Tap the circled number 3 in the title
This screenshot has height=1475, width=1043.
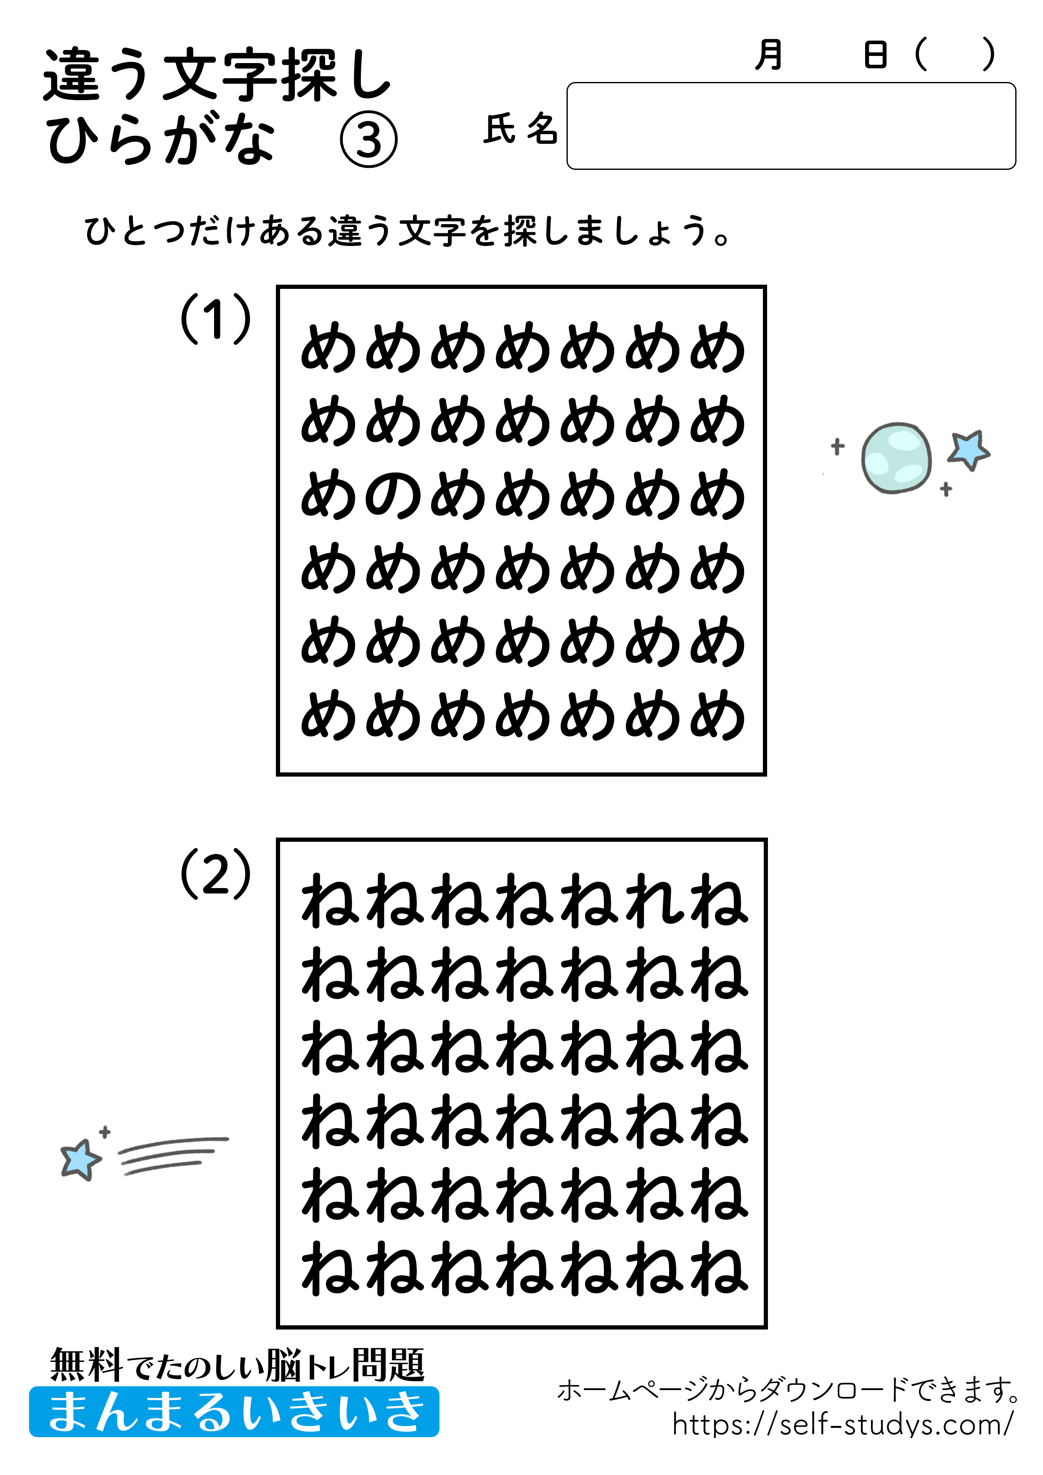click(x=368, y=140)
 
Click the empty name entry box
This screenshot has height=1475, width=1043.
click(x=790, y=126)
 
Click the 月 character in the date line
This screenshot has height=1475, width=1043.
click(x=769, y=55)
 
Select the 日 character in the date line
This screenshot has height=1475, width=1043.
click(x=875, y=55)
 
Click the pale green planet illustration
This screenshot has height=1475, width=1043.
click(x=896, y=457)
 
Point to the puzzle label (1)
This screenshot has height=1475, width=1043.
click(x=215, y=318)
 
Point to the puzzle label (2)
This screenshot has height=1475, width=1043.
click(x=215, y=874)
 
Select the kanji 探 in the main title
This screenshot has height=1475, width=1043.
click(x=308, y=75)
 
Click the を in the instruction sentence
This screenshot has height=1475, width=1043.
click(x=485, y=231)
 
